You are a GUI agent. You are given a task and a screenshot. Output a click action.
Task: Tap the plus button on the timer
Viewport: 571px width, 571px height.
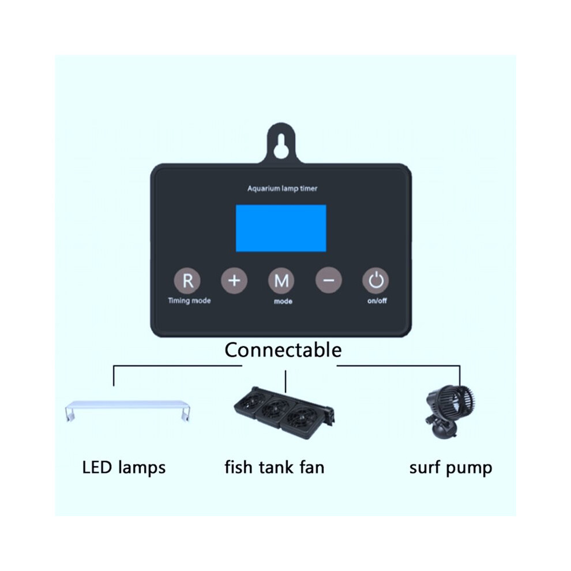click(x=234, y=280)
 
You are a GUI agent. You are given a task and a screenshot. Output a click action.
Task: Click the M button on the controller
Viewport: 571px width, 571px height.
click(x=281, y=280)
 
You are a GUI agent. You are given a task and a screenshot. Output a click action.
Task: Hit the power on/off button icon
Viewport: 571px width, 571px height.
click(x=375, y=280)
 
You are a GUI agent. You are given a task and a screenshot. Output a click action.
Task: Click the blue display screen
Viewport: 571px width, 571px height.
click(x=281, y=228)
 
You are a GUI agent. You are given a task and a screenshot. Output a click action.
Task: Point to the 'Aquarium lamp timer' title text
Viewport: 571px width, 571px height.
click(x=282, y=189)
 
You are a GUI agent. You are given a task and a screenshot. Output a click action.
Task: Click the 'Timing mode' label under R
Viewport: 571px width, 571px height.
click(x=189, y=301)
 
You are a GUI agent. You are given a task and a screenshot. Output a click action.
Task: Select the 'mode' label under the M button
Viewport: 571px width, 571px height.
click(x=283, y=302)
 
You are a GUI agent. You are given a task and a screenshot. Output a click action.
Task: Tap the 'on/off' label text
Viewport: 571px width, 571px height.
click(x=377, y=301)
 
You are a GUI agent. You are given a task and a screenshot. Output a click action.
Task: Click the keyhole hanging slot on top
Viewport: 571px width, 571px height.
click(x=281, y=146)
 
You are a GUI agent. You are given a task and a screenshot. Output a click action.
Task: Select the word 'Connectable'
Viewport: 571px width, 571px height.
click(x=283, y=350)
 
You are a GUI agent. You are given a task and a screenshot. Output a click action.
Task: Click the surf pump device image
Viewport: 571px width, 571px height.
click(x=450, y=411)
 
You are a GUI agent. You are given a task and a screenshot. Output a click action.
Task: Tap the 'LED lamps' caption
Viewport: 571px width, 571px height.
click(x=124, y=468)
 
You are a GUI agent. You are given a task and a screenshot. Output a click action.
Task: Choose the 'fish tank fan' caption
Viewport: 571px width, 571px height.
click(x=274, y=467)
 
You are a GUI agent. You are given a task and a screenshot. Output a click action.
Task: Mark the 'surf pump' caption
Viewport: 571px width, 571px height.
click(x=450, y=468)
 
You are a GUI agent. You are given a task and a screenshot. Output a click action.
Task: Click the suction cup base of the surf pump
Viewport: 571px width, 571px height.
click(x=443, y=431)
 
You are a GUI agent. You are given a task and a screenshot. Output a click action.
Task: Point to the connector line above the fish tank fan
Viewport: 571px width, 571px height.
click(x=285, y=381)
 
